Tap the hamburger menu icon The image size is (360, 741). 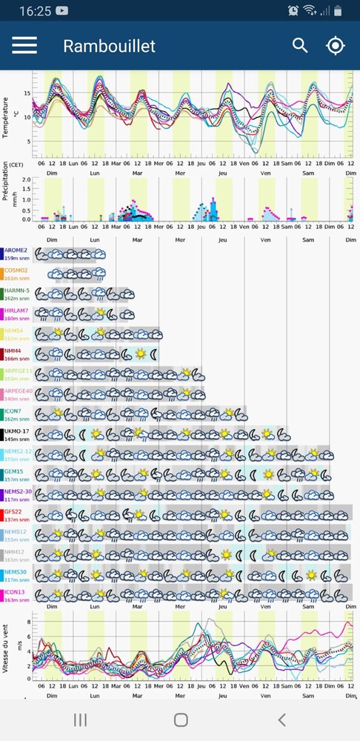click(24, 45)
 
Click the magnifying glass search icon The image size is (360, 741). click(300, 45)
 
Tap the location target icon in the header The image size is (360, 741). click(336, 45)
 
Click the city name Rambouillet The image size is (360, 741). click(109, 46)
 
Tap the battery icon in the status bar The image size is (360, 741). click(339, 11)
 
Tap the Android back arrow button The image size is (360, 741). click(281, 720)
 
